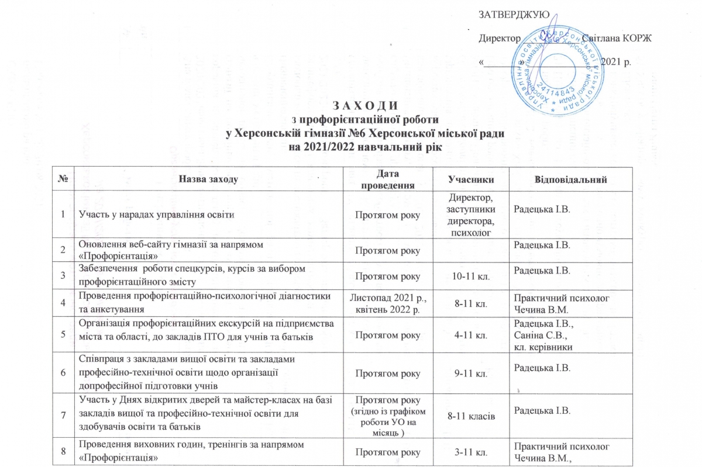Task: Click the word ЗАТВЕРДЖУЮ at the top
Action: pos(513,14)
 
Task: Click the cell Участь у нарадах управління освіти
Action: pos(153,215)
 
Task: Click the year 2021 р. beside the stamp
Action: pos(615,61)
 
